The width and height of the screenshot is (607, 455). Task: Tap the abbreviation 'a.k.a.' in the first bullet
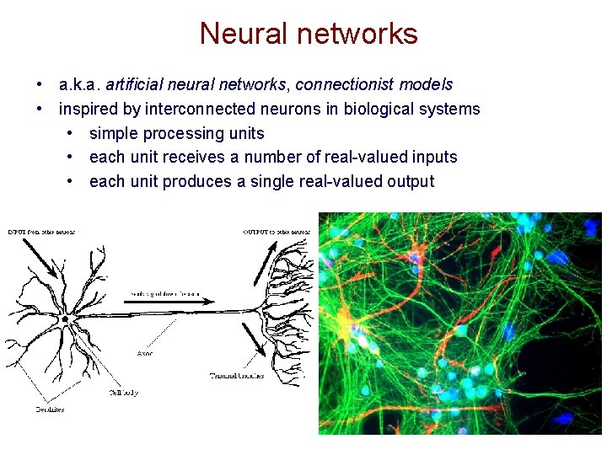click(79, 85)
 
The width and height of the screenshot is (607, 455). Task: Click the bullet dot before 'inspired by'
click(40, 109)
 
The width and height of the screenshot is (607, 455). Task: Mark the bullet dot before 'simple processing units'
click(70, 133)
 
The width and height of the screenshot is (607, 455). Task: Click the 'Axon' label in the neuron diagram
click(145, 354)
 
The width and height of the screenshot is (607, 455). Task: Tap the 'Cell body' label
click(124, 393)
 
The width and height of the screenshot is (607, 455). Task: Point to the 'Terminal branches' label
click(237, 375)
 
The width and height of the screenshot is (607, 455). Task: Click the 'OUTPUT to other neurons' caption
click(277, 232)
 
